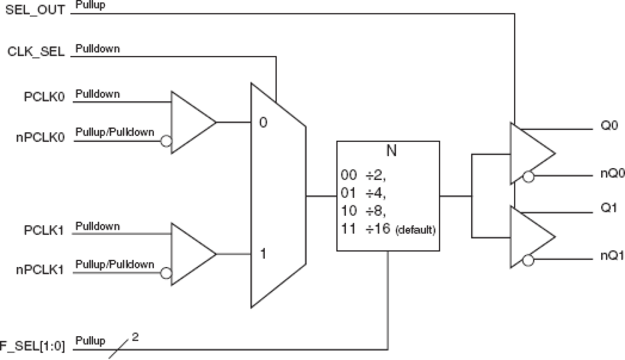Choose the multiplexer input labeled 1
click(263, 254)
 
